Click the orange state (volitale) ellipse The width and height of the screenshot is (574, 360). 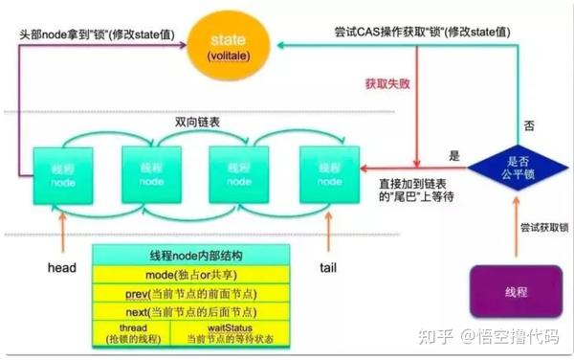tap(227, 45)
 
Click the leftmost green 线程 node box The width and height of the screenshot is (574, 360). tap(62, 172)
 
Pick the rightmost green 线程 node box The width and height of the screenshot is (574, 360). tap(328, 172)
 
